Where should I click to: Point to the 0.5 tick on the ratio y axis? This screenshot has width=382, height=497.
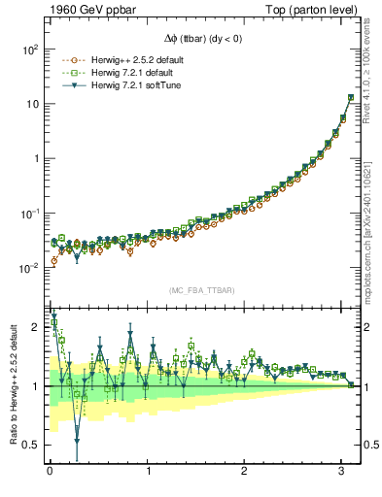pyautogui.click(x=30, y=445)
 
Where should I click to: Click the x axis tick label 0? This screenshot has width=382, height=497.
pyautogui.click(x=50, y=473)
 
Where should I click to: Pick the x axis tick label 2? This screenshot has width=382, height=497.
pyautogui.click(x=245, y=473)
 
